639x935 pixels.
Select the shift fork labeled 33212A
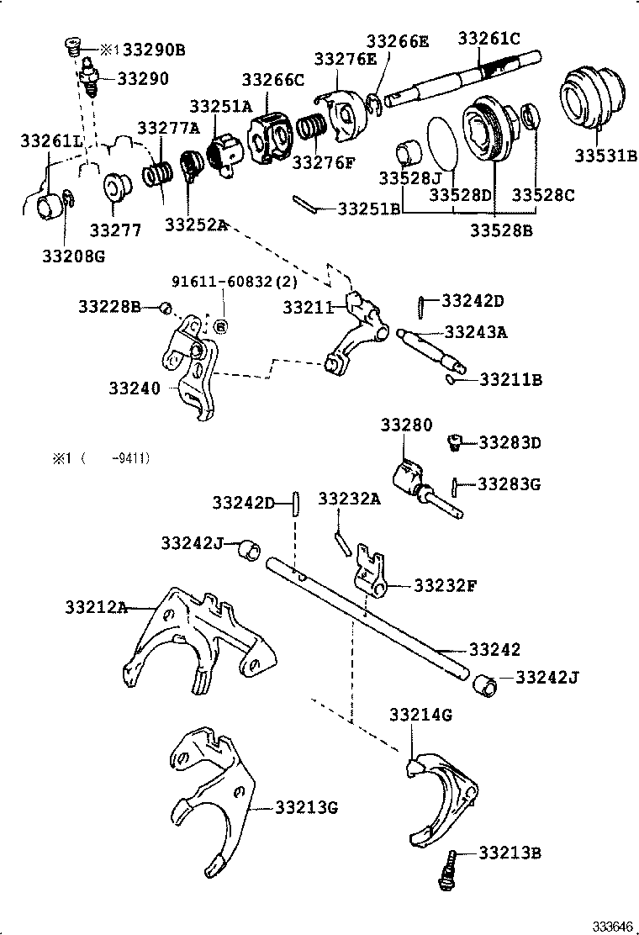click(x=202, y=643)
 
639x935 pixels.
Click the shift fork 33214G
click(x=441, y=795)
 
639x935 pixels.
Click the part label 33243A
click(x=476, y=332)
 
